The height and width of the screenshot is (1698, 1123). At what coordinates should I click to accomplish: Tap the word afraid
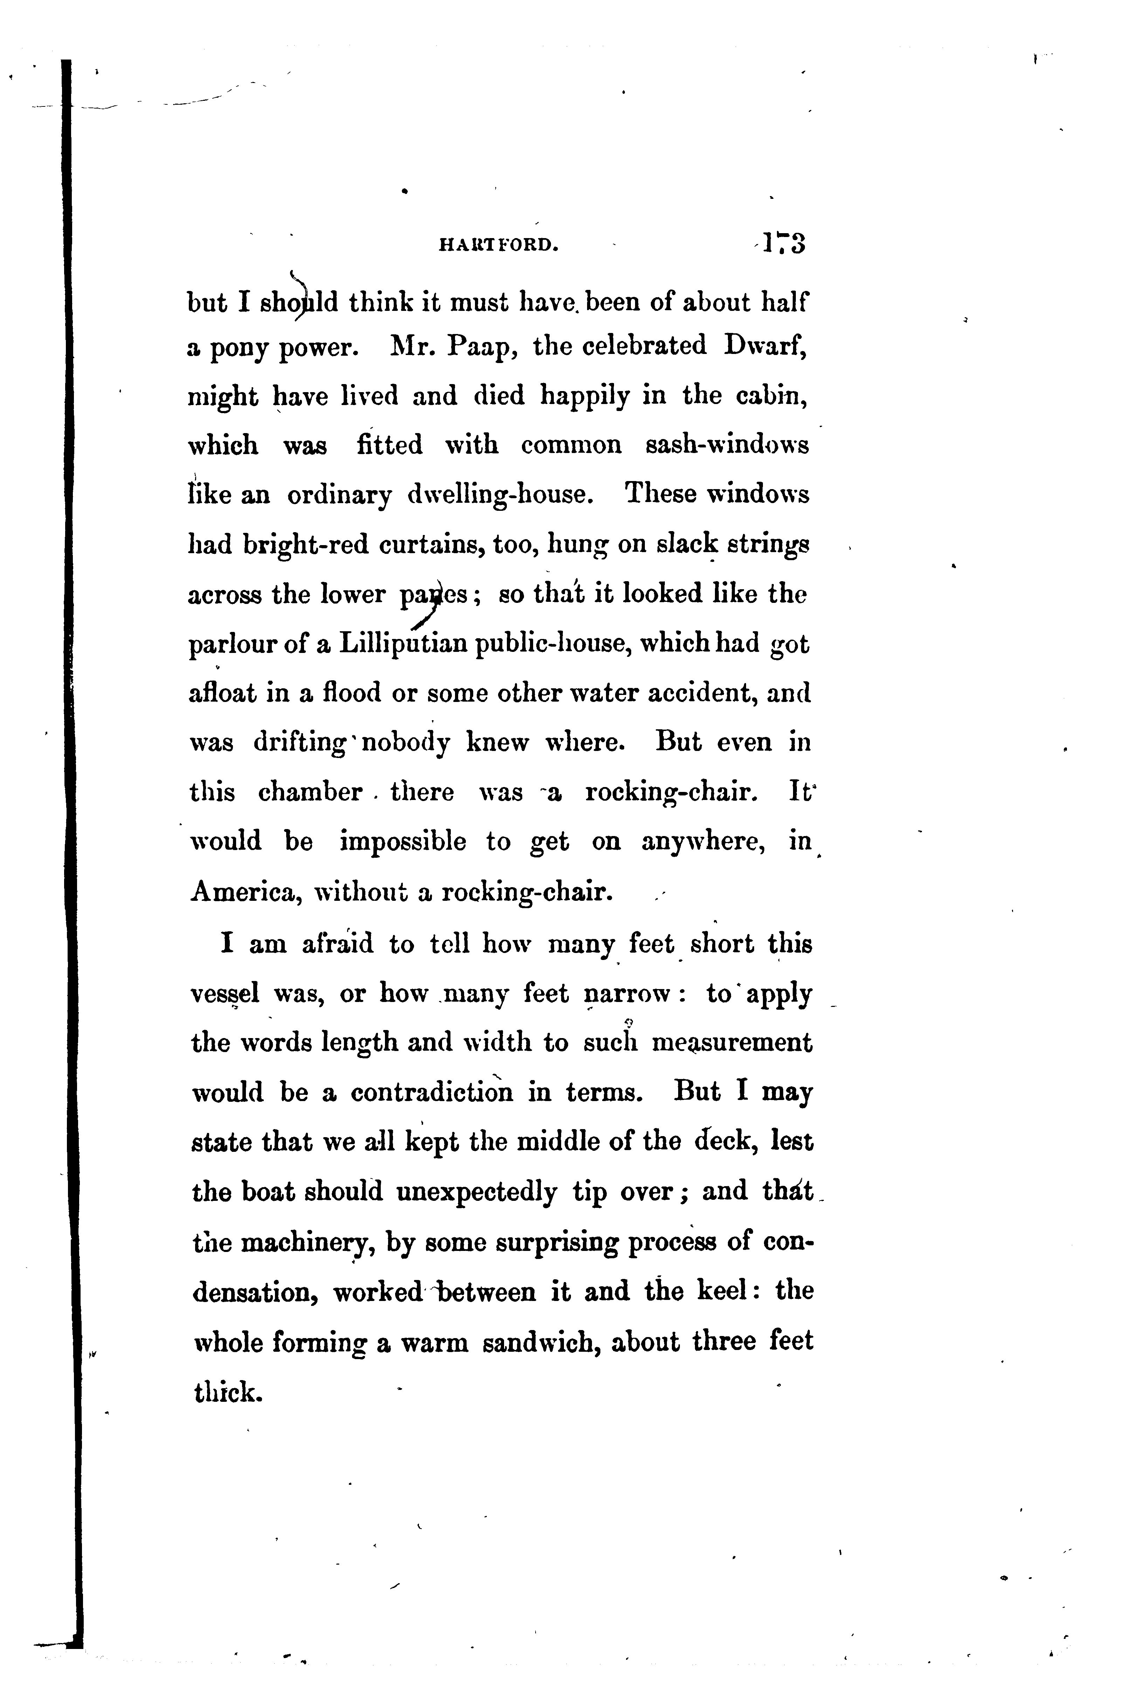click(337, 944)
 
